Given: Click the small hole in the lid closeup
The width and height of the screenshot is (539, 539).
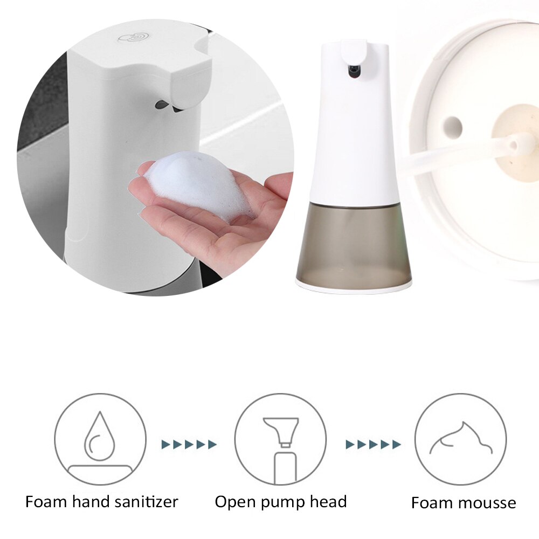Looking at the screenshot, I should (x=452, y=126).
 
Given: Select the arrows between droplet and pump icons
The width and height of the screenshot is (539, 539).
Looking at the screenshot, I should (x=189, y=445).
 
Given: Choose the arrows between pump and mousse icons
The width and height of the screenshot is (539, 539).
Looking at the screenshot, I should (x=373, y=445).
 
